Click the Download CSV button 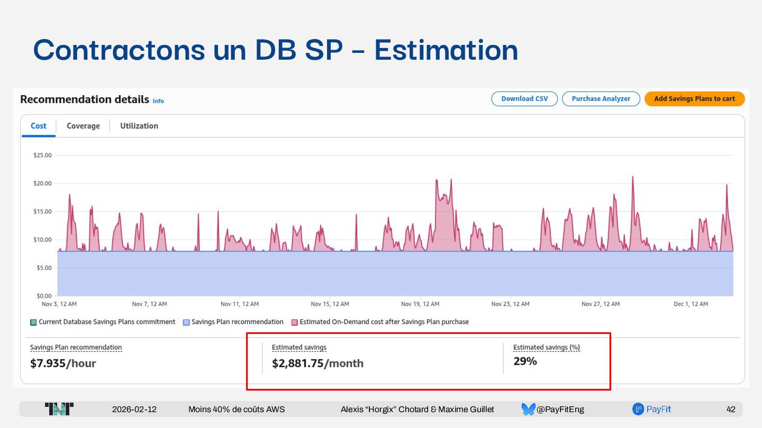[524, 99]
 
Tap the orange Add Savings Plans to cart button [694, 99]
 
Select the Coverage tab [83, 126]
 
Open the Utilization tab [139, 126]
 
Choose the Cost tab [39, 126]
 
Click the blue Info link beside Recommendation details [158, 101]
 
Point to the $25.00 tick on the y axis [42, 155]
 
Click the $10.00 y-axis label [42, 240]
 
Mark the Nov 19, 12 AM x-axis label [420, 304]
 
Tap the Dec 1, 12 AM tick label [691, 304]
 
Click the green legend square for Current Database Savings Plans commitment [33, 322]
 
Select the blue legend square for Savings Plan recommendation [186, 322]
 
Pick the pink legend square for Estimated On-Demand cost [294, 322]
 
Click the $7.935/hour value [63, 364]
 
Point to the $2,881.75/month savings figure [317, 364]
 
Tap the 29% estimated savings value [525, 361]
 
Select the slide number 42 [731, 410]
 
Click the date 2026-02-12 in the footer [134, 410]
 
